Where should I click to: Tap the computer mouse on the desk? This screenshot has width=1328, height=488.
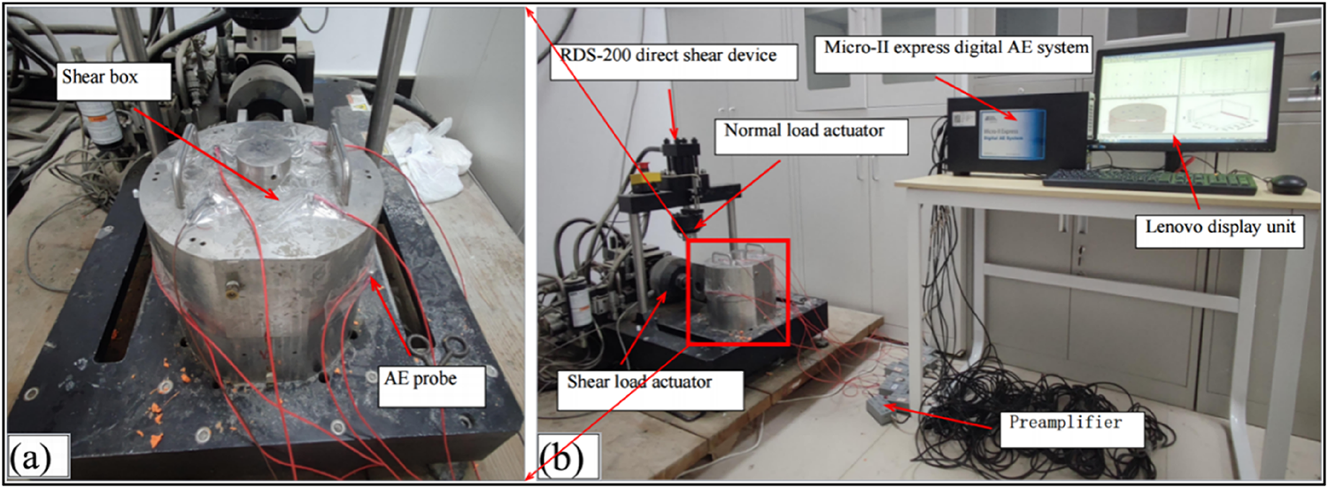pos(1287,183)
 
